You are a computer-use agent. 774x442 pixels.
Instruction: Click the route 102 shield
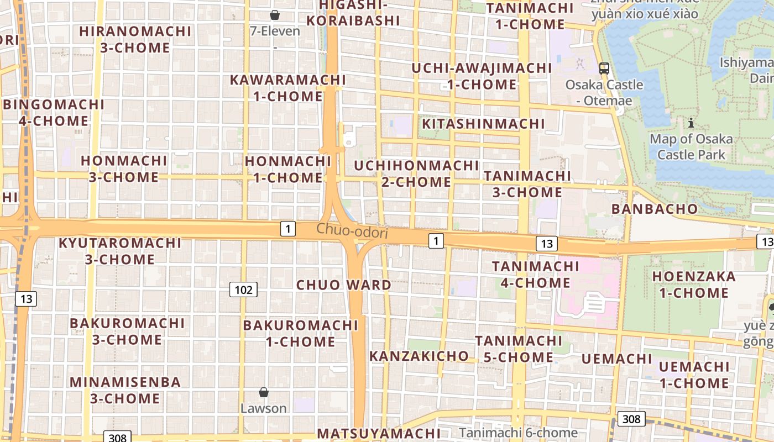tap(243, 290)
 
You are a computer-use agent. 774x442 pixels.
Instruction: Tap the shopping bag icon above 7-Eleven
tap(274, 15)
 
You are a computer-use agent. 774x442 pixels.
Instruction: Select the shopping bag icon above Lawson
tap(264, 392)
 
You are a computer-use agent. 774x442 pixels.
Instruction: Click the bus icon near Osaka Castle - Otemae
tap(604, 69)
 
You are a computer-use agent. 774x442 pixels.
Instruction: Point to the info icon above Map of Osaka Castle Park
tap(691, 123)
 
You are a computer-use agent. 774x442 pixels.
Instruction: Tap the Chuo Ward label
tap(344, 285)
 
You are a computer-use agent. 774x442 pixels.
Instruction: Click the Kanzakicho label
tap(419, 356)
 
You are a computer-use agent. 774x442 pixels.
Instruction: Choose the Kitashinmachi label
tap(483, 124)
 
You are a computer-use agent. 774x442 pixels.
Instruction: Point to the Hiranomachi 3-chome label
tap(135, 39)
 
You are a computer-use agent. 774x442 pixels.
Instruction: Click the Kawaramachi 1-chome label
tap(287, 88)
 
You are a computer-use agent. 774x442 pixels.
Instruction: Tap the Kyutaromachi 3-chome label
tap(120, 251)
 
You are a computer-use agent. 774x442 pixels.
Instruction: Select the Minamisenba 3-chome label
tap(125, 390)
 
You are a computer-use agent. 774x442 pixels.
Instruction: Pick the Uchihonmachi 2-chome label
tap(416, 173)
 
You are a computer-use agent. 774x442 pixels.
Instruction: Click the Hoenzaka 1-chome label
tap(694, 285)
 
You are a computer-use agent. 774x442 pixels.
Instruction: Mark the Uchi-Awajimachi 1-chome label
tap(482, 76)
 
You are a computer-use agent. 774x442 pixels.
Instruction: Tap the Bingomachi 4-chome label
tap(54, 113)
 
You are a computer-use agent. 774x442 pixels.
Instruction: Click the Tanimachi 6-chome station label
tap(518, 433)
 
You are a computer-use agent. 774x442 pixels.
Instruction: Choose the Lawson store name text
tap(264, 408)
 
